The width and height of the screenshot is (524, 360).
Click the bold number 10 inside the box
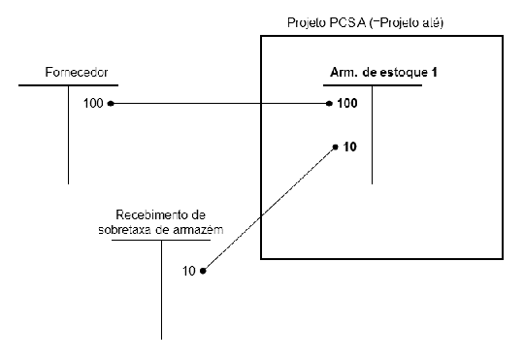coord(350,147)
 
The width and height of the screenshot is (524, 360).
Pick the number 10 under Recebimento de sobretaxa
coord(189,271)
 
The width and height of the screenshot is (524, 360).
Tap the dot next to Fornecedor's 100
coord(111,103)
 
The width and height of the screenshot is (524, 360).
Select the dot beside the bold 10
coord(335,147)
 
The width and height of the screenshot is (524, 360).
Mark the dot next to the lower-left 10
coord(203,271)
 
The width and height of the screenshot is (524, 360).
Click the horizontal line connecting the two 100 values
coord(221,103)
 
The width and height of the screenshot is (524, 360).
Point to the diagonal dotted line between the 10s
coord(269,209)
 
